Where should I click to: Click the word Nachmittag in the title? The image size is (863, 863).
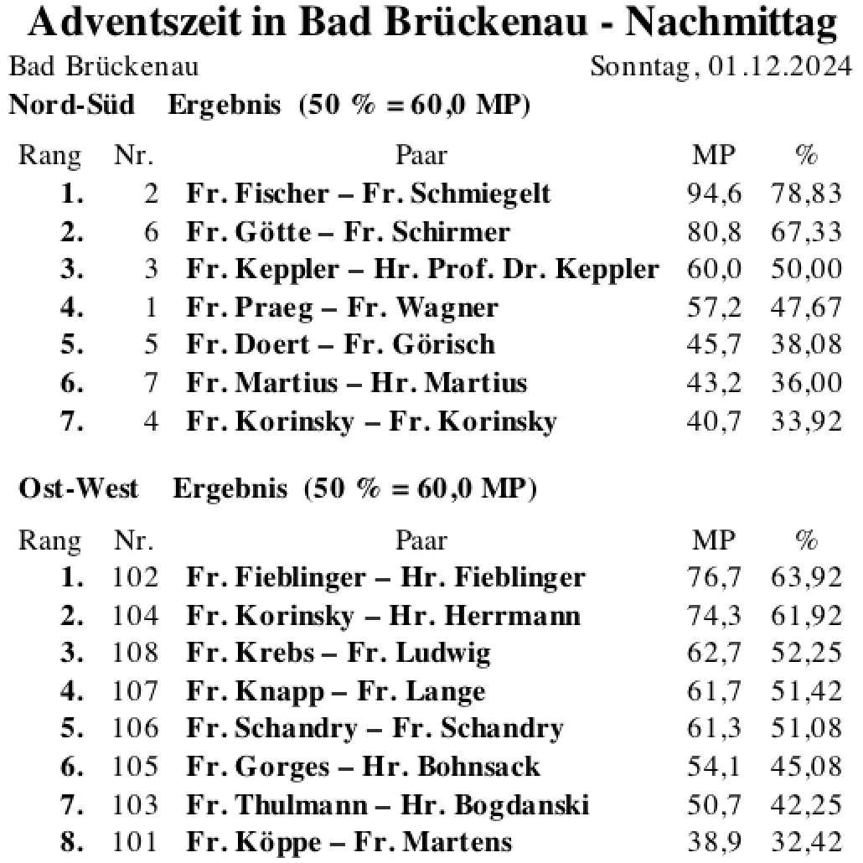pos(731,24)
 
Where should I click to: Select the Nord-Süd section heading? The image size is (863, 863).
pos(71,106)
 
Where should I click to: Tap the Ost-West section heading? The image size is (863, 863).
pos(78,488)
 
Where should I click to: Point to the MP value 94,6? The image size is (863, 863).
pos(714,194)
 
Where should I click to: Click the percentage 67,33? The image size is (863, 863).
pos(805,232)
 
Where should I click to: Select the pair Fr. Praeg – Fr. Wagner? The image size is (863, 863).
pos(342,308)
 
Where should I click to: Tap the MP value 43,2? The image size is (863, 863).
pos(714,383)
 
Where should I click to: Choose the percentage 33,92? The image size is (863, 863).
pos(805,421)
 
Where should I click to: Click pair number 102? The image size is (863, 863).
pos(135,577)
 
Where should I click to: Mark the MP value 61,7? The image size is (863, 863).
pos(714,691)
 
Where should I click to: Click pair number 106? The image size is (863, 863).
pos(135,729)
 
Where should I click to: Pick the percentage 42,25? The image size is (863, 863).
pos(805,805)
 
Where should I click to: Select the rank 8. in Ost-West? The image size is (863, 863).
pos(73,842)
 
